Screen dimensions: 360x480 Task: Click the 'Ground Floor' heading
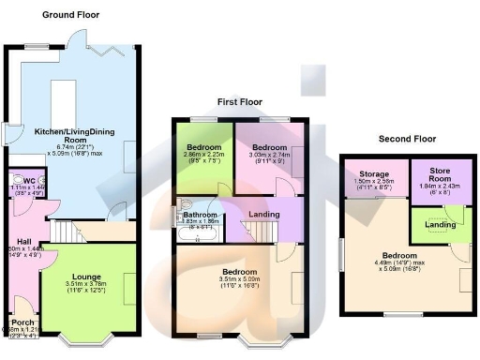tap(70, 15)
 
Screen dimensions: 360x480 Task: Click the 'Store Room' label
tap(441, 175)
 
